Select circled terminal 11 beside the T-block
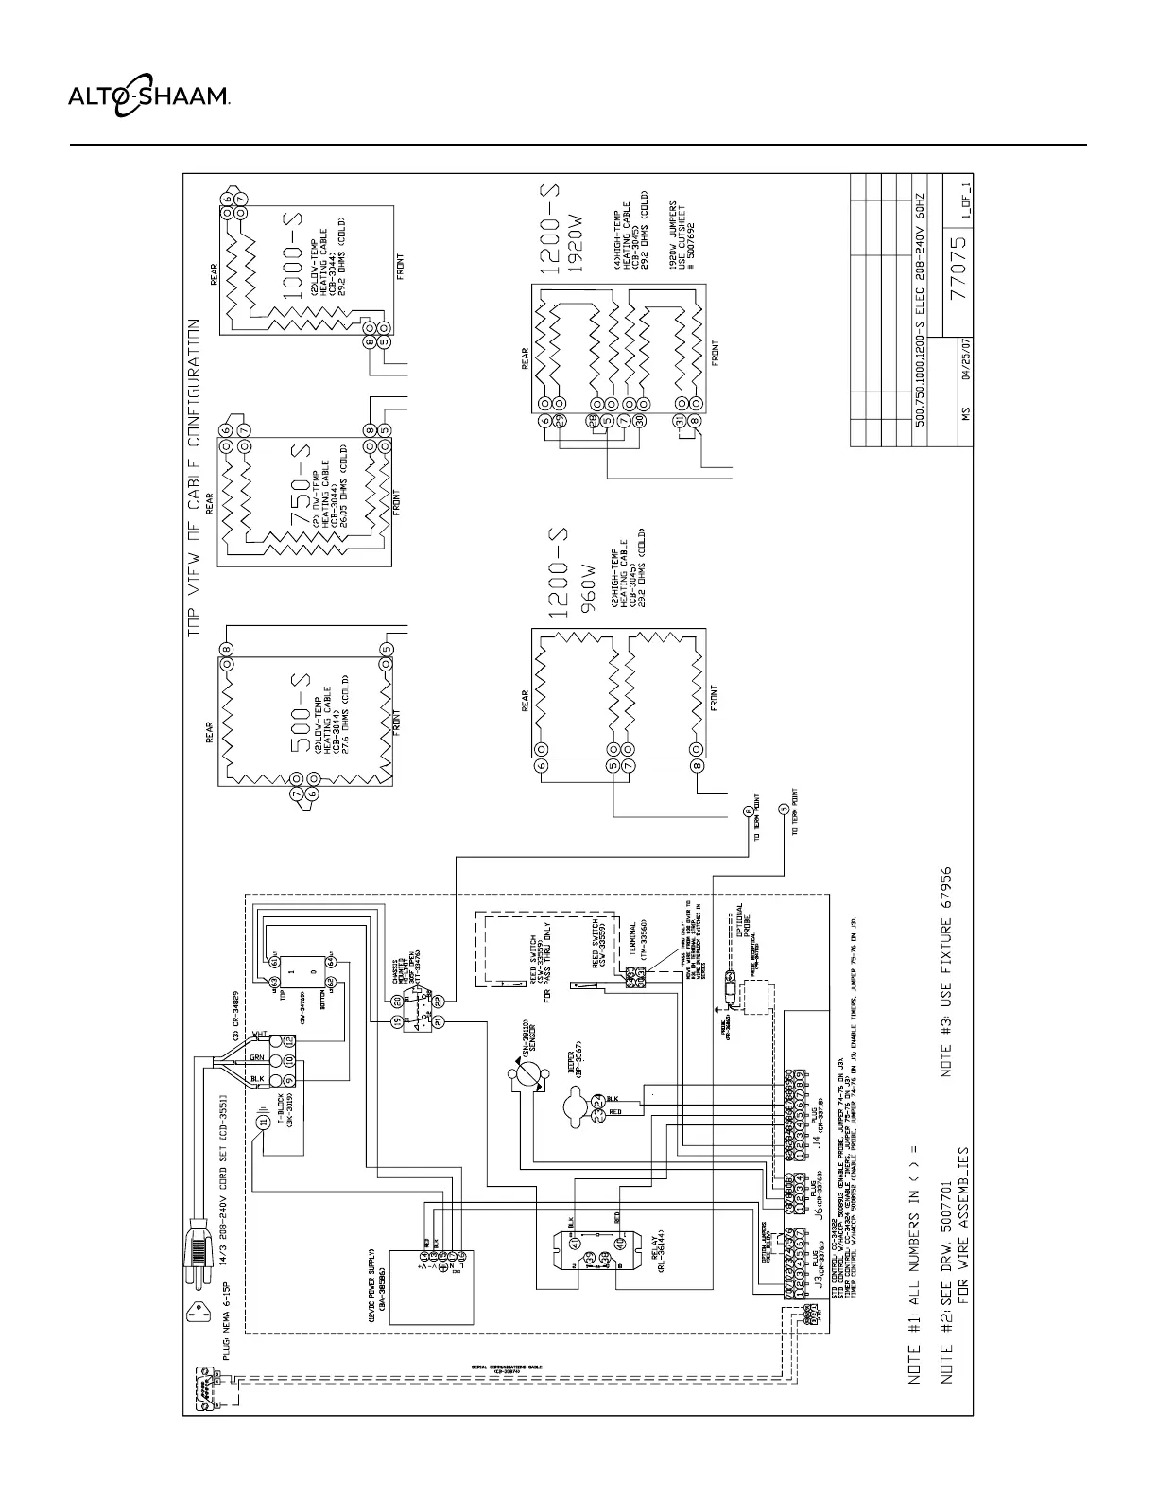pyautogui.click(x=265, y=1123)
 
